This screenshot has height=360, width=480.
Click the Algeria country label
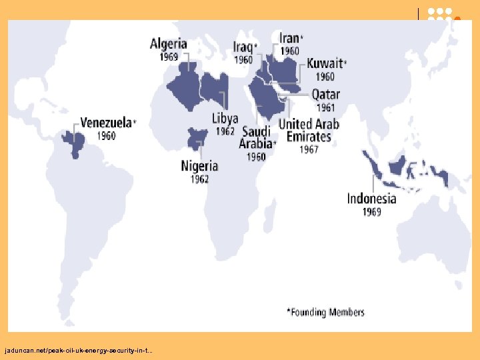(168, 44)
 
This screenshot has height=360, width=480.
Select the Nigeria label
(199, 166)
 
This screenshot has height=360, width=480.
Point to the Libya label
(225, 119)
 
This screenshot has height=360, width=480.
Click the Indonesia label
(371, 198)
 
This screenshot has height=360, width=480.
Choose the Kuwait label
(325, 64)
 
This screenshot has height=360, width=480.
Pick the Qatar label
(325, 95)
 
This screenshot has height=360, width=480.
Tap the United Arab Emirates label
(309, 130)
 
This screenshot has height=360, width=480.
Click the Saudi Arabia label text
(257, 137)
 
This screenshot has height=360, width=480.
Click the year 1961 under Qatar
(325, 108)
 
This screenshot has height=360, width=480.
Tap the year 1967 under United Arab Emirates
(309, 149)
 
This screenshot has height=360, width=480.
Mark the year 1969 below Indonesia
(372, 211)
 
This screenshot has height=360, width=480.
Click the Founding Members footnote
(325, 312)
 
